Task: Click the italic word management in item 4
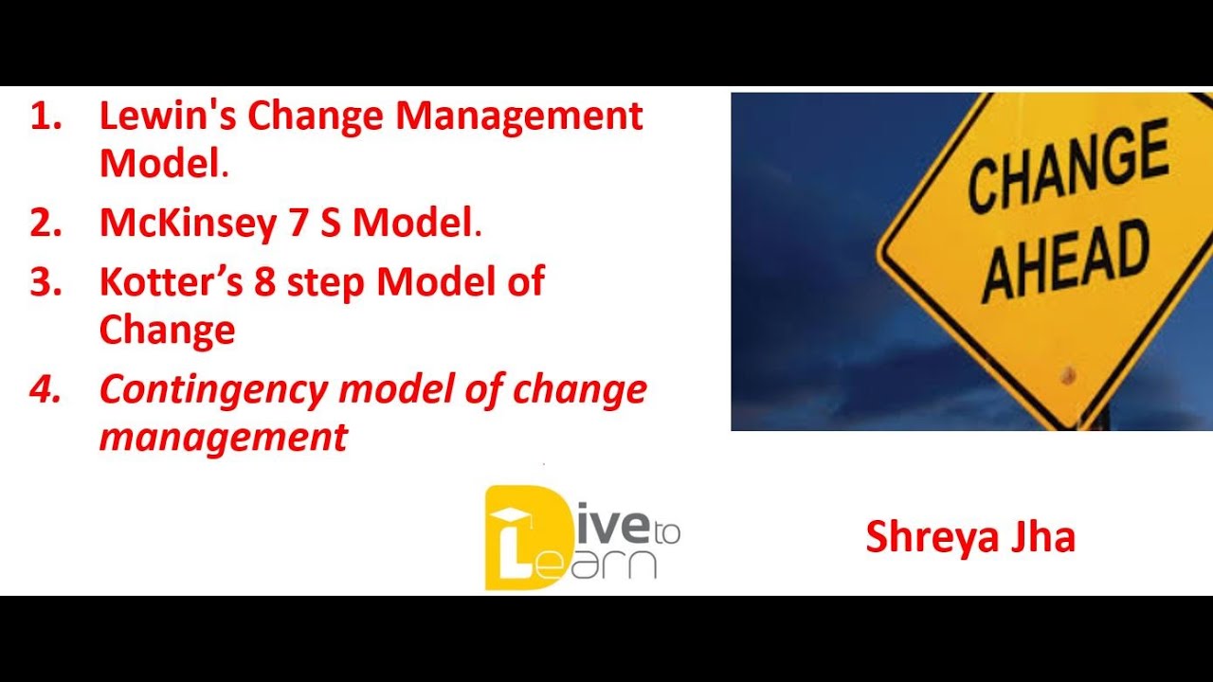(224, 438)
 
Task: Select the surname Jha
(1042, 538)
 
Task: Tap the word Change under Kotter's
(167, 330)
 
